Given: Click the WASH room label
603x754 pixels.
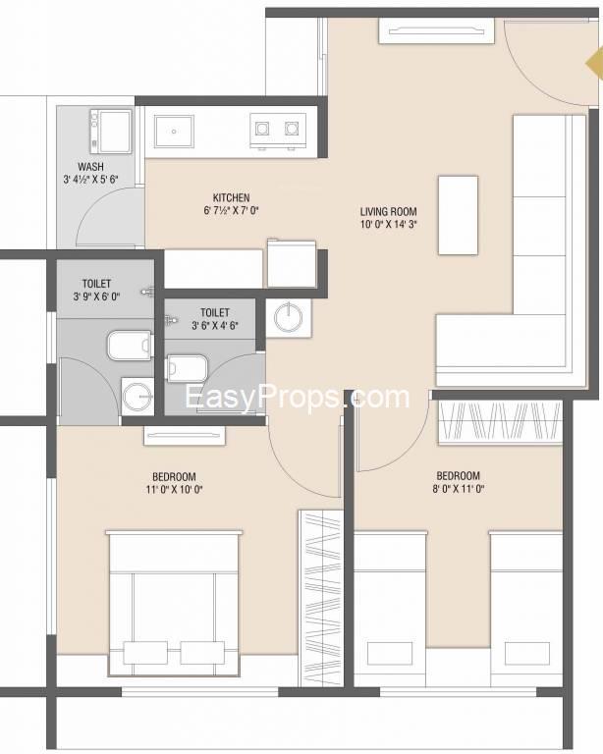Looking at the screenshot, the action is point(90,167).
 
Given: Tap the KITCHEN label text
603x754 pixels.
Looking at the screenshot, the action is point(232,197).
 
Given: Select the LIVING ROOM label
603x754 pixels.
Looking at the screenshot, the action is point(389,212).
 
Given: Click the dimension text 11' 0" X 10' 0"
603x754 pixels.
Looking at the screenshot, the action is point(174,490).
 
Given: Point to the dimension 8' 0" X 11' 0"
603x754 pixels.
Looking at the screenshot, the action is point(458,489).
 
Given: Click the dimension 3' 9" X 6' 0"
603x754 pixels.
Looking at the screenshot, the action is point(96,296).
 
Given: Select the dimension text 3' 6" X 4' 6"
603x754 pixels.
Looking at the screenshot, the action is point(215,326).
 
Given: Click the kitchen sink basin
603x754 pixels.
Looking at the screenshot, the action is point(174,131).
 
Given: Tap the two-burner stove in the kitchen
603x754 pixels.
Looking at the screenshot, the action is point(278,131).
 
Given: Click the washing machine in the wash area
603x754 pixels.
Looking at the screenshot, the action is point(111,132).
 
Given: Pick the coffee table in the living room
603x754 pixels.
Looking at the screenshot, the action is point(458,215).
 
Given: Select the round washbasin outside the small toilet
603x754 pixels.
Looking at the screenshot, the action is point(289,317).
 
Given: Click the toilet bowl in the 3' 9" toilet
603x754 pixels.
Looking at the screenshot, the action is point(129,345).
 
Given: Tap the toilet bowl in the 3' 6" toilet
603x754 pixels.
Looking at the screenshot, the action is point(186,368).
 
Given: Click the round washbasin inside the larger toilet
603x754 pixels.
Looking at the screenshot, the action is point(137,396).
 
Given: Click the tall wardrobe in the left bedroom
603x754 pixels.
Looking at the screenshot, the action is point(321,599).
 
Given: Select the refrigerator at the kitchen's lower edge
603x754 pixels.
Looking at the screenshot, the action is point(292,263).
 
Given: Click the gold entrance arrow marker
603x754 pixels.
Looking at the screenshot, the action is point(594,63).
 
